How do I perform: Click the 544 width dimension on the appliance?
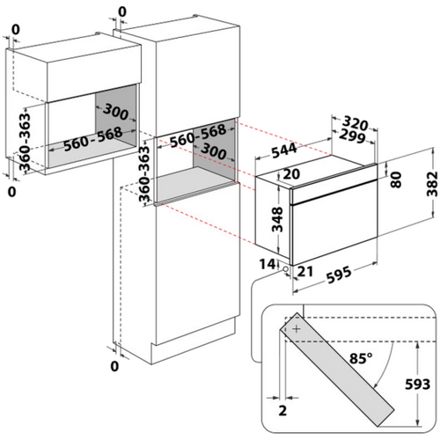284,150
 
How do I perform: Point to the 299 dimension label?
352,136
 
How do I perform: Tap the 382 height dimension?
432,184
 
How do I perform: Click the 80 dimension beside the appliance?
396,180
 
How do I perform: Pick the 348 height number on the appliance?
277,219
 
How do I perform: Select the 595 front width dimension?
339,275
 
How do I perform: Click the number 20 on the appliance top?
291,174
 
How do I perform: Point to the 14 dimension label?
268,264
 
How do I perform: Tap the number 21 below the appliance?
305,271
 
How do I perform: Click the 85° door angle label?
361,358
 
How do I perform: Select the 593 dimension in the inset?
418,384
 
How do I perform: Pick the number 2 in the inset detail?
282,410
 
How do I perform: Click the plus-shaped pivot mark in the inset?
297,329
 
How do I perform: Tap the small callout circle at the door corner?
285,269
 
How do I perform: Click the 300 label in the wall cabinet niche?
115,112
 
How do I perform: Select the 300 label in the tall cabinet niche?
213,151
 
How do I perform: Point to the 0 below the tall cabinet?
114,366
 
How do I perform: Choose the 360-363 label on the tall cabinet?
144,174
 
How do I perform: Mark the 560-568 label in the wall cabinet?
92,139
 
